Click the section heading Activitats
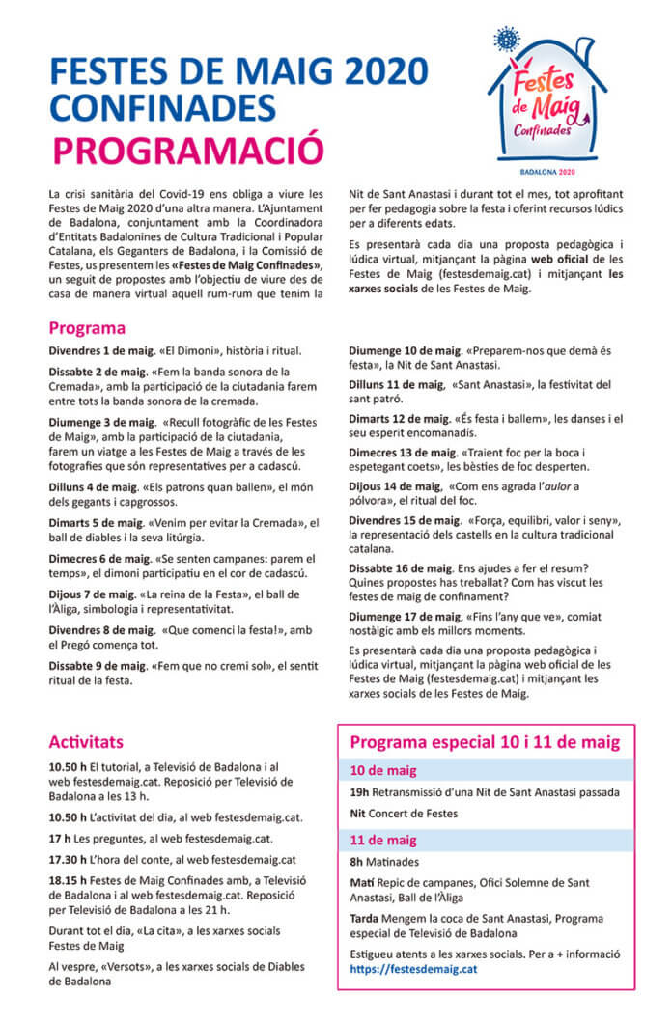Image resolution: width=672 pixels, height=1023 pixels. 86,742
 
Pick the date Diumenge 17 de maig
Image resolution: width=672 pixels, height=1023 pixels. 405,615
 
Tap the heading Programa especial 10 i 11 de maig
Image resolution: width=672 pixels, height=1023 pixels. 485,742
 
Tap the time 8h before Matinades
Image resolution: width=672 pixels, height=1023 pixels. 356,862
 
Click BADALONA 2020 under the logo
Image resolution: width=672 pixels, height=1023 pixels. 546,171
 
